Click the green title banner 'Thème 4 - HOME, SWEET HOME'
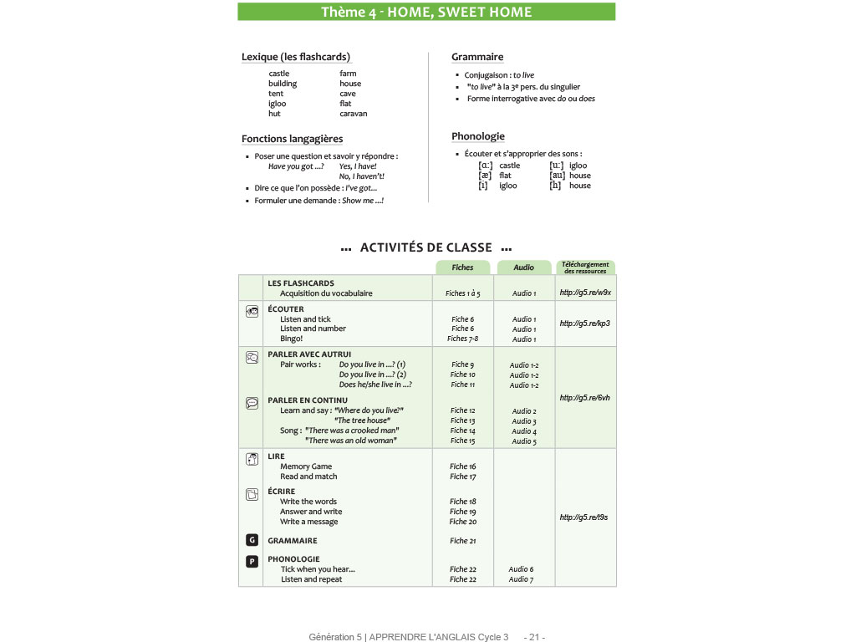426,12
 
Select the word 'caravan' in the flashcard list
353,114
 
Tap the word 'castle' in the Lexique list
279,74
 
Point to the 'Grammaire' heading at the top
477,57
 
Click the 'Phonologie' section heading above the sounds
478,136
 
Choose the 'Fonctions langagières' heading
292,139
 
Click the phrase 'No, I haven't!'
361,176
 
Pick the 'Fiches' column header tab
462,267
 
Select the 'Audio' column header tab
523,267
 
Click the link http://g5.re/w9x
585,293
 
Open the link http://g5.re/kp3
585,324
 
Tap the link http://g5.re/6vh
585,398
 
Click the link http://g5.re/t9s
583,517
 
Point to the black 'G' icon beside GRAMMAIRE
252,540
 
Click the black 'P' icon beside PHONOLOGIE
252,561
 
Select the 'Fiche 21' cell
463,541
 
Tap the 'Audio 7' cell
521,579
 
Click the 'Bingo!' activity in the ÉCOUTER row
292,339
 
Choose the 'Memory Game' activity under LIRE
306,466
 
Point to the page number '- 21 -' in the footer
534,637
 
